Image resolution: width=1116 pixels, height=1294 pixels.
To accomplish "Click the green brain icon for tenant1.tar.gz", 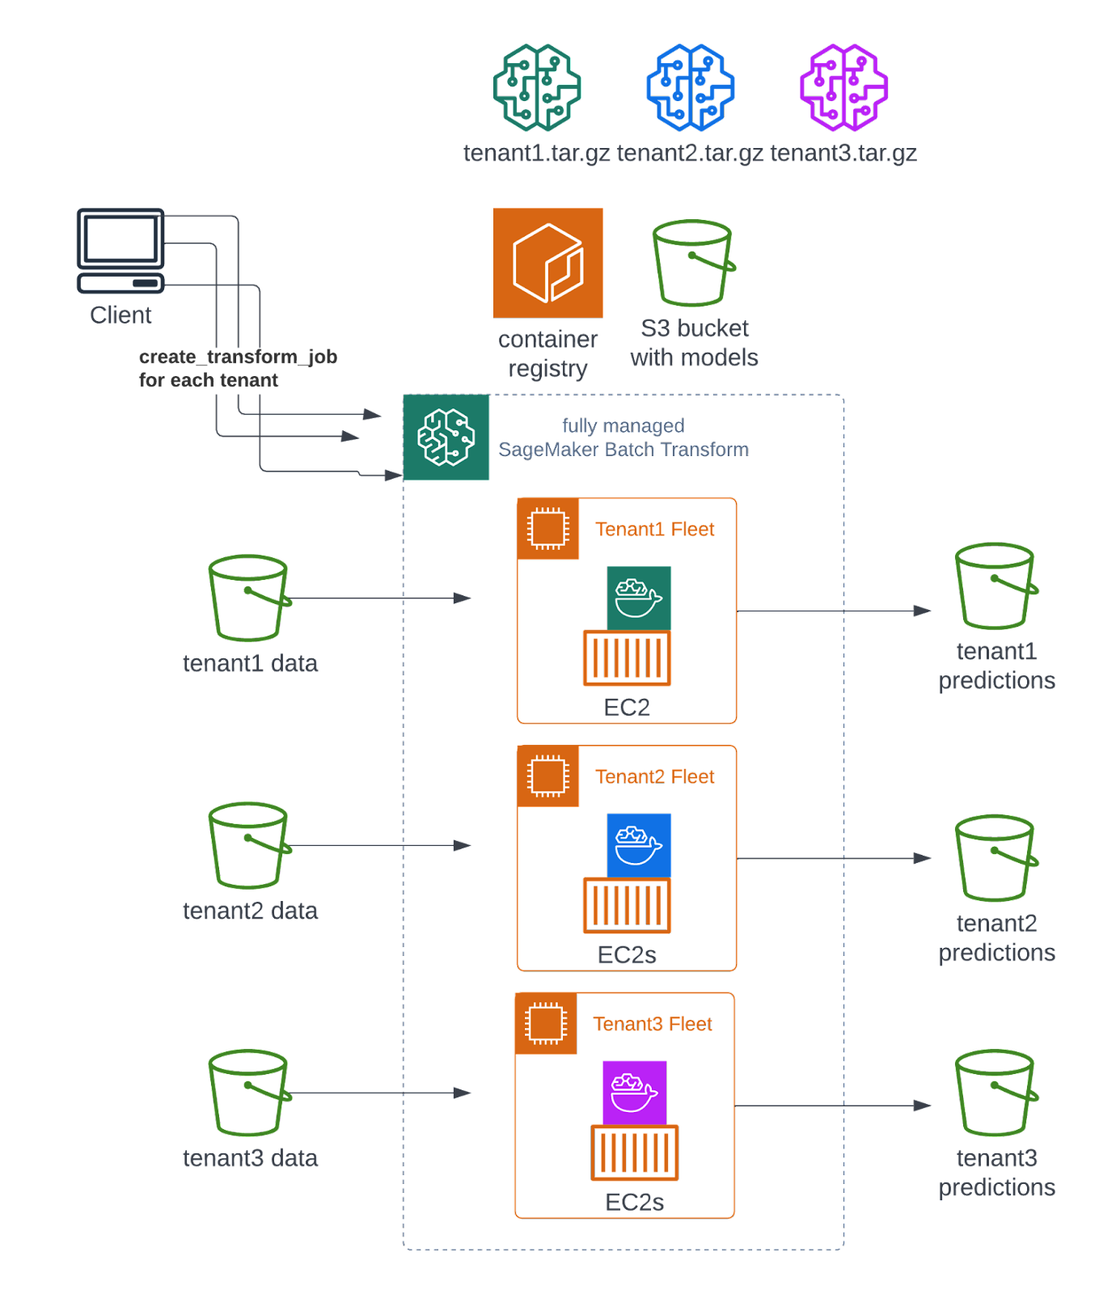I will [x=537, y=87].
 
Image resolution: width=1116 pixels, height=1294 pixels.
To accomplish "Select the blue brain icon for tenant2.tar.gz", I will [x=690, y=87].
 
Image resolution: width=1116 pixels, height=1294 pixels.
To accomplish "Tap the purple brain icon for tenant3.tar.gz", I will [x=843, y=87].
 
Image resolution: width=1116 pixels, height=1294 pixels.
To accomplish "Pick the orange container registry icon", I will [x=548, y=263].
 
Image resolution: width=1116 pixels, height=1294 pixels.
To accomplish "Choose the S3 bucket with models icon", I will [x=694, y=263].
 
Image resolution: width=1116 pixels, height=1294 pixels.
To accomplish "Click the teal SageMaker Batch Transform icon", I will [x=446, y=438].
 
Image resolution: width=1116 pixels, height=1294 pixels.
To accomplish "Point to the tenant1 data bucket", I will [x=249, y=598].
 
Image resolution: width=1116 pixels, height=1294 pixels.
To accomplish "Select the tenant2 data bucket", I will [x=249, y=845].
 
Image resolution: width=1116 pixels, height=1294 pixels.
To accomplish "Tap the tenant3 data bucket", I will [x=249, y=1093].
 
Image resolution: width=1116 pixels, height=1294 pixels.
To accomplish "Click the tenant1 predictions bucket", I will [x=996, y=586].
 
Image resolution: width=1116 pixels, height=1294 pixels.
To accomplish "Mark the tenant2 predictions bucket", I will [x=996, y=858].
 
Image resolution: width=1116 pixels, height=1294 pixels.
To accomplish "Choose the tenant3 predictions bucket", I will [x=996, y=1093].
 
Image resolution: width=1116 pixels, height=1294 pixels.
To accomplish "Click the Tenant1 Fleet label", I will [x=655, y=530].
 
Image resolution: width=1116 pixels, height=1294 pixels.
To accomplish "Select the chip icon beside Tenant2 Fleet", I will [x=548, y=776].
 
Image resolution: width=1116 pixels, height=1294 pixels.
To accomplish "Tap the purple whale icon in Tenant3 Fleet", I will [x=635, y=1093].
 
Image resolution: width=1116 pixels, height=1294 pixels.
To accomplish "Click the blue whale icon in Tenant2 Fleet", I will [x=639, y=846].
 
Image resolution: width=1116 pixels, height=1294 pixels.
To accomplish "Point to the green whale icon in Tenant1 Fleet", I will [x=639, y=598].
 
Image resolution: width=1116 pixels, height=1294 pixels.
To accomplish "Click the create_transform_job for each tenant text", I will [x=238, y=369].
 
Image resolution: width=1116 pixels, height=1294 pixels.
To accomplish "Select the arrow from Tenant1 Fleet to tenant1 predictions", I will [x=833, y=611].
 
